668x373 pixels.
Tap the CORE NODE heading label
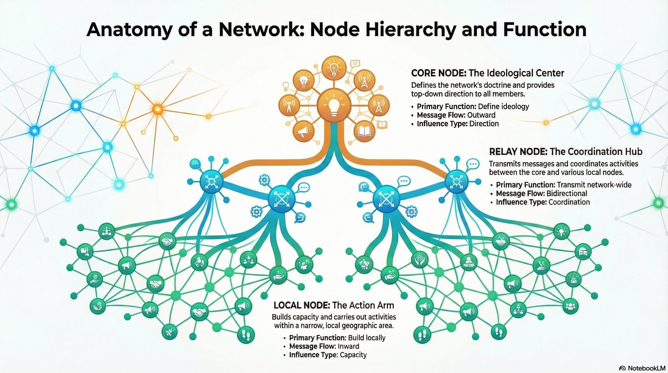[x=438, y=73]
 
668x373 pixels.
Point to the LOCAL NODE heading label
[x=301, y=305]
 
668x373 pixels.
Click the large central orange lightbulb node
[x=334, y=105]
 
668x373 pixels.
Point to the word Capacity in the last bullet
[x=353, y=355]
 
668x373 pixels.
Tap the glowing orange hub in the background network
[x=157, y=109]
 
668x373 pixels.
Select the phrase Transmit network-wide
[x=594, y=185]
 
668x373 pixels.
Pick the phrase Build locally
[x=367, y=338]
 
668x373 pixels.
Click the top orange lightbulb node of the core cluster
[x=334, y=68]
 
